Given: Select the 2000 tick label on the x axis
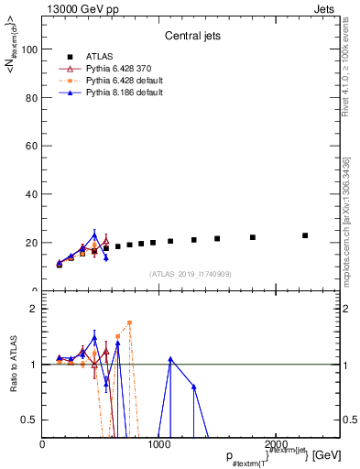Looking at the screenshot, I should tap(277, 444).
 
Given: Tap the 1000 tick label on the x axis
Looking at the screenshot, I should tap(159, 444).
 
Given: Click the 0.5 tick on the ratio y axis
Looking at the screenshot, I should tap(30, 420).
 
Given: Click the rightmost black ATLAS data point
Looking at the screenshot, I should tap(305, 235).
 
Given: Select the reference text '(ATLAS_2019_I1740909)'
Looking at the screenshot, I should tap(190, 274).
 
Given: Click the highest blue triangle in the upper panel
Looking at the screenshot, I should tap(94, 234).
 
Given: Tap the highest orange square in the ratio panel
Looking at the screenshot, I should tap(130, 322).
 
